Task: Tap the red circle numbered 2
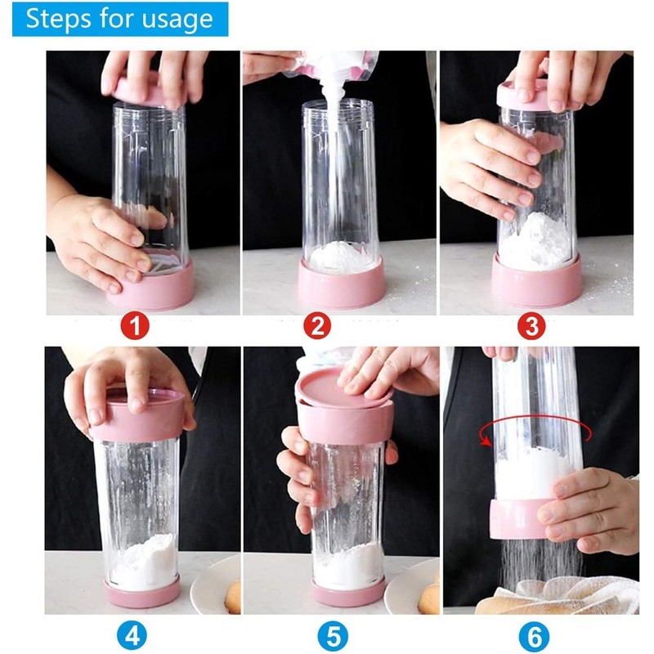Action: click(x=317, y=329)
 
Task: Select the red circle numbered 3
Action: click(x=531, y=329)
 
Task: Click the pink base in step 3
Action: click(x=536, y=286)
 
